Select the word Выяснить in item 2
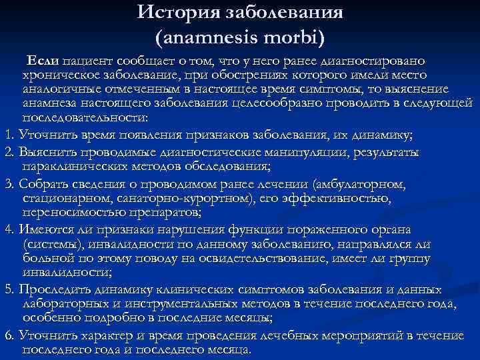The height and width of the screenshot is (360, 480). tap(44, 153)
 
